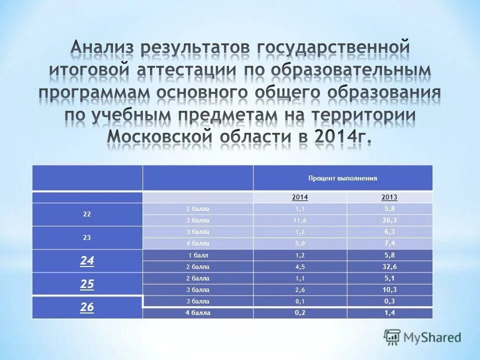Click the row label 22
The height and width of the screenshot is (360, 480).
coord(87,214)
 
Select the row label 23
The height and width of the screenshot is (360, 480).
coord(87,238)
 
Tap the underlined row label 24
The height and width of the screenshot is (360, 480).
coord(87,260)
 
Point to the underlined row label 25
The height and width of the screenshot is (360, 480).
coord(87,284)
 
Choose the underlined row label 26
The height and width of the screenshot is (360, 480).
coord(87,307)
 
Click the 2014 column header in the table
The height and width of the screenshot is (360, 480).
coord(300,197)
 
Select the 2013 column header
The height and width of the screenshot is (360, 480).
coord(389,197)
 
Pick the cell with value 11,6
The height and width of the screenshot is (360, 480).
coord(300,220)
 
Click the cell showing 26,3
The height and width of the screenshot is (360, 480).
coord(389,220)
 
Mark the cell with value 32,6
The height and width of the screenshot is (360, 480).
coord(389,266)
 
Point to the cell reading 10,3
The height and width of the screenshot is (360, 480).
coord(389,289)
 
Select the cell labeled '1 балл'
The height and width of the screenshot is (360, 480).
coord(198,255)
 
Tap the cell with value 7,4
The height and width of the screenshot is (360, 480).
coord(389,243)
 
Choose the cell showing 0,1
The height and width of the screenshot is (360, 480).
coord(300,301)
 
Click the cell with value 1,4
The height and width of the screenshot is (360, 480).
coord(389,313)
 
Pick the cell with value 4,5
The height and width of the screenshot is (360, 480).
coord(300,266)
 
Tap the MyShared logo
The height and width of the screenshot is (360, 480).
coord(422,337)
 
